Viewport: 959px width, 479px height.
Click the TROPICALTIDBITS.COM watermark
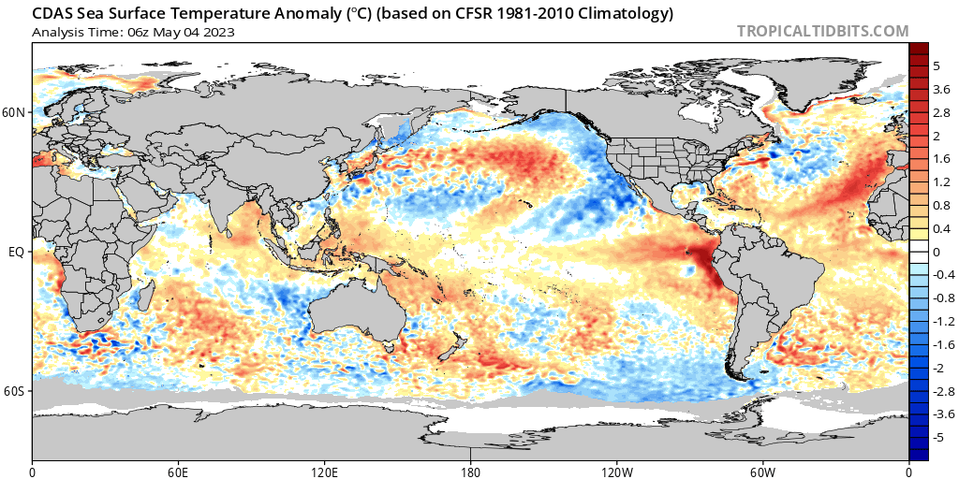[822, 31]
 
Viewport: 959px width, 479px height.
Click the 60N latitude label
[14, 113]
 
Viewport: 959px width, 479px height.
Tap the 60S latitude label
[14, 390]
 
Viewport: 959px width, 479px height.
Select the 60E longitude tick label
[178, 471]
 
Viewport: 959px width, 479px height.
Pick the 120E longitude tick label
[324, 471]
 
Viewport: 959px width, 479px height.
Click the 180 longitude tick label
[471, 471]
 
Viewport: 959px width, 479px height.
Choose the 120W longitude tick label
[616, 471]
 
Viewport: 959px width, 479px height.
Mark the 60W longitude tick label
[762, 471]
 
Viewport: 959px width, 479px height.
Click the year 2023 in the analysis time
[217, 32]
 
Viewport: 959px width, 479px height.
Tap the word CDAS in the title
[51, 14]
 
